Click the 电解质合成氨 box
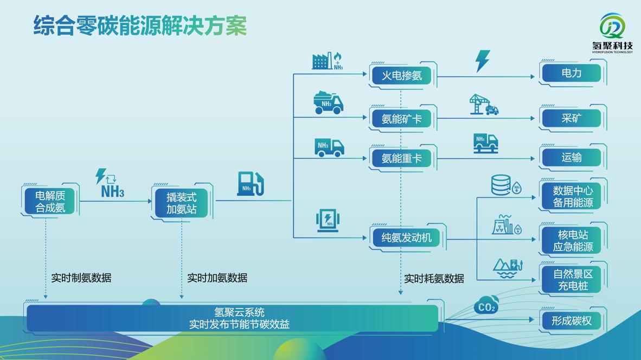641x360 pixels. point(50,201)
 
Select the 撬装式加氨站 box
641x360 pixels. point(181,202)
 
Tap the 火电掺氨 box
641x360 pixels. point(402,75)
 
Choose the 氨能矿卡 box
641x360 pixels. point(402,118)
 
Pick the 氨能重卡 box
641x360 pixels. point(402,158)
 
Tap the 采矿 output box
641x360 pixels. point(571,118)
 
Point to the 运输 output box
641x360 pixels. point(571,157)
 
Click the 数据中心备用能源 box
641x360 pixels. point(572,196)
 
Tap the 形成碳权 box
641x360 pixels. point(572,320)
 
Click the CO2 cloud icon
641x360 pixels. point(486,306)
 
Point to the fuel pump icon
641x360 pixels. point(250,184)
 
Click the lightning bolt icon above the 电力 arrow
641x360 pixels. point(482,61)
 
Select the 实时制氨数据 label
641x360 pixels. point(81,278)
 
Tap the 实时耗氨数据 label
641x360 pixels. point(434,278)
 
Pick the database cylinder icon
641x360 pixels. point(501,184)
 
